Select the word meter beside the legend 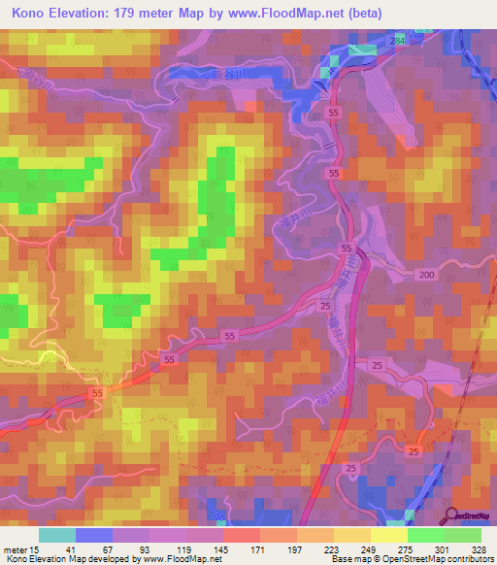tap(17, 550)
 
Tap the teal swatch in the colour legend tap(57, 535)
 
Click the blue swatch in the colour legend tap(94, 535)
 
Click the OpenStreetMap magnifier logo tap(451, 515)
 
